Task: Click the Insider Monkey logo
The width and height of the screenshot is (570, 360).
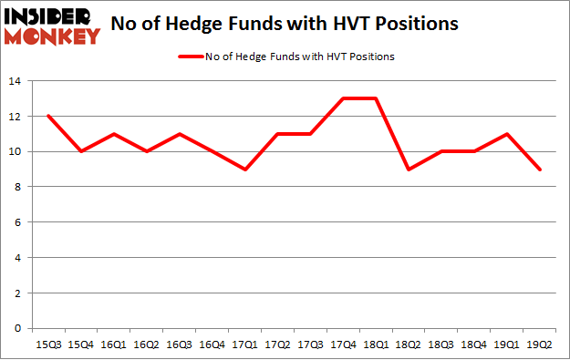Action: pos(53,26)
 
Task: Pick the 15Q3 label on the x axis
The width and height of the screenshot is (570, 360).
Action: pos(49,345)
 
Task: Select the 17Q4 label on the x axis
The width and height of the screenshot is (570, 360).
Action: pos(344,345)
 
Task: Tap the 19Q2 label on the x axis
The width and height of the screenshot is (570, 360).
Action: pos(540,345)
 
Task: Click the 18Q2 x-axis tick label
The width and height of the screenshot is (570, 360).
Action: pos(409,345)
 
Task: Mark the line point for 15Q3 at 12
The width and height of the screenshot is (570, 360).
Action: pos(49,117)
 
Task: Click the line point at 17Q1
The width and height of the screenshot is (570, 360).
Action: pos(245,170)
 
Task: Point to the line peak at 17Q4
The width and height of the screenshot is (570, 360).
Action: pos(344,99)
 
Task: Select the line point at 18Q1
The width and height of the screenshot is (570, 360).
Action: pos(377,99)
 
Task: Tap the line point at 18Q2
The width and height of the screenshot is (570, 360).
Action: pos(409,170)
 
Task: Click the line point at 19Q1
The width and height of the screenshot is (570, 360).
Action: pos(507,134)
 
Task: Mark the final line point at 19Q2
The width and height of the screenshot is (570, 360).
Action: pos(540,170)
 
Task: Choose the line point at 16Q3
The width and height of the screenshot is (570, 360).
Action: pos(181,134)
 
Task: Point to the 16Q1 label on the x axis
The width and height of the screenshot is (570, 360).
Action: pos(115,345)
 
